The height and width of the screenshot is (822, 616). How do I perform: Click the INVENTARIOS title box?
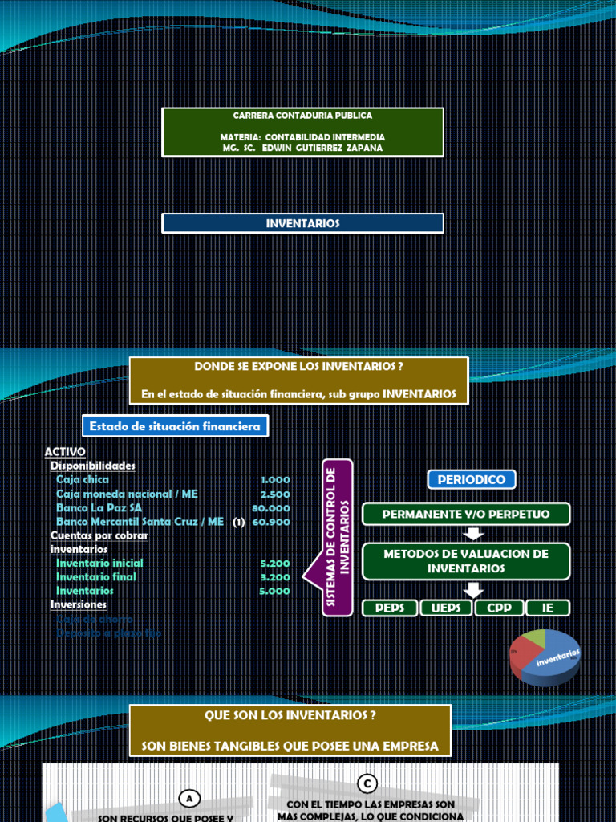[302, 223]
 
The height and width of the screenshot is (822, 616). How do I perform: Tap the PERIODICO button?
[471, 480]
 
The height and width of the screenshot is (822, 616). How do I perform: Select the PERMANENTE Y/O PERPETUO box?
[466, 514]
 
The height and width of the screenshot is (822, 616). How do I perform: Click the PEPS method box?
[391, 608]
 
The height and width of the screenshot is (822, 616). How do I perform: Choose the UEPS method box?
[447, 608]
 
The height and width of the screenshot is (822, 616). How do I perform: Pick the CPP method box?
[499, 608]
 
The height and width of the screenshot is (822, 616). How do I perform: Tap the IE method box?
[548, 608]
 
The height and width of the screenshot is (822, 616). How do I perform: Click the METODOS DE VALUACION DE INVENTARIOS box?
[466, 561]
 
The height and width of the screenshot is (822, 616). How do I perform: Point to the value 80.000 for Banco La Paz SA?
[270, 508]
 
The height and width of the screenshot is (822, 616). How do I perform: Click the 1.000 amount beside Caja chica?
[275, 480]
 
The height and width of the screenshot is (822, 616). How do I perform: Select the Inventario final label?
[95, 576]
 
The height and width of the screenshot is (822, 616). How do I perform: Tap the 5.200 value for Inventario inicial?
[275, 564]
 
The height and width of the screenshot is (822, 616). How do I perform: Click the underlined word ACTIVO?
[64, 452]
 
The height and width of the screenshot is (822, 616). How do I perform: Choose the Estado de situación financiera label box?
[175, 426]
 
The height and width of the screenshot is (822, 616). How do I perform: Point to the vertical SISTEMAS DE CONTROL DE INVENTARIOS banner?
[337, 538]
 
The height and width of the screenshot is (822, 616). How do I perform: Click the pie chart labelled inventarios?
[545, 656]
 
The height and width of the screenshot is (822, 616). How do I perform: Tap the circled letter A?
[189, 798]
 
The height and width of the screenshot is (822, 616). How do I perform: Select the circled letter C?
[367, 783]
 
